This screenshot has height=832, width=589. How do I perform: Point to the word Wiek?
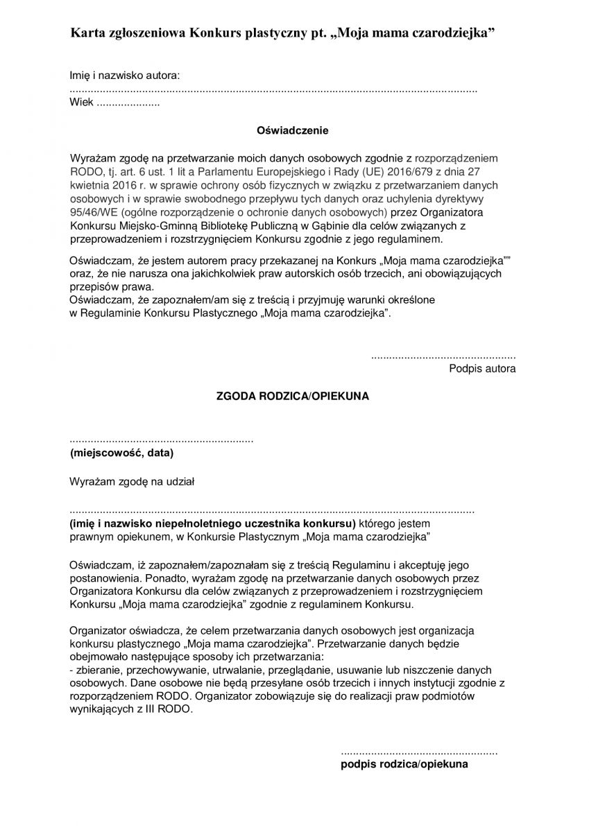(x=80, y=103)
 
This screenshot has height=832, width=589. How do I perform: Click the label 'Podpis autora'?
(x=482, y=369)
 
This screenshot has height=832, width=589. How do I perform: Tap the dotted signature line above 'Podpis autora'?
(x=443, y=356)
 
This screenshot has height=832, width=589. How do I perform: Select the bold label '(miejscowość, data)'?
(x=121, y=453)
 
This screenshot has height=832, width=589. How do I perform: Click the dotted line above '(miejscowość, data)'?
(x=162, y=441)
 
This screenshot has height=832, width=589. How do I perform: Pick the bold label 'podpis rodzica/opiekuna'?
(x=404, y=764)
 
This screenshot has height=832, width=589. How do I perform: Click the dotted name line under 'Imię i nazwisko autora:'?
(x=273, y=91)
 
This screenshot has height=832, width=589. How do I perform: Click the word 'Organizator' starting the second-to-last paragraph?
(x=98, y=632)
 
